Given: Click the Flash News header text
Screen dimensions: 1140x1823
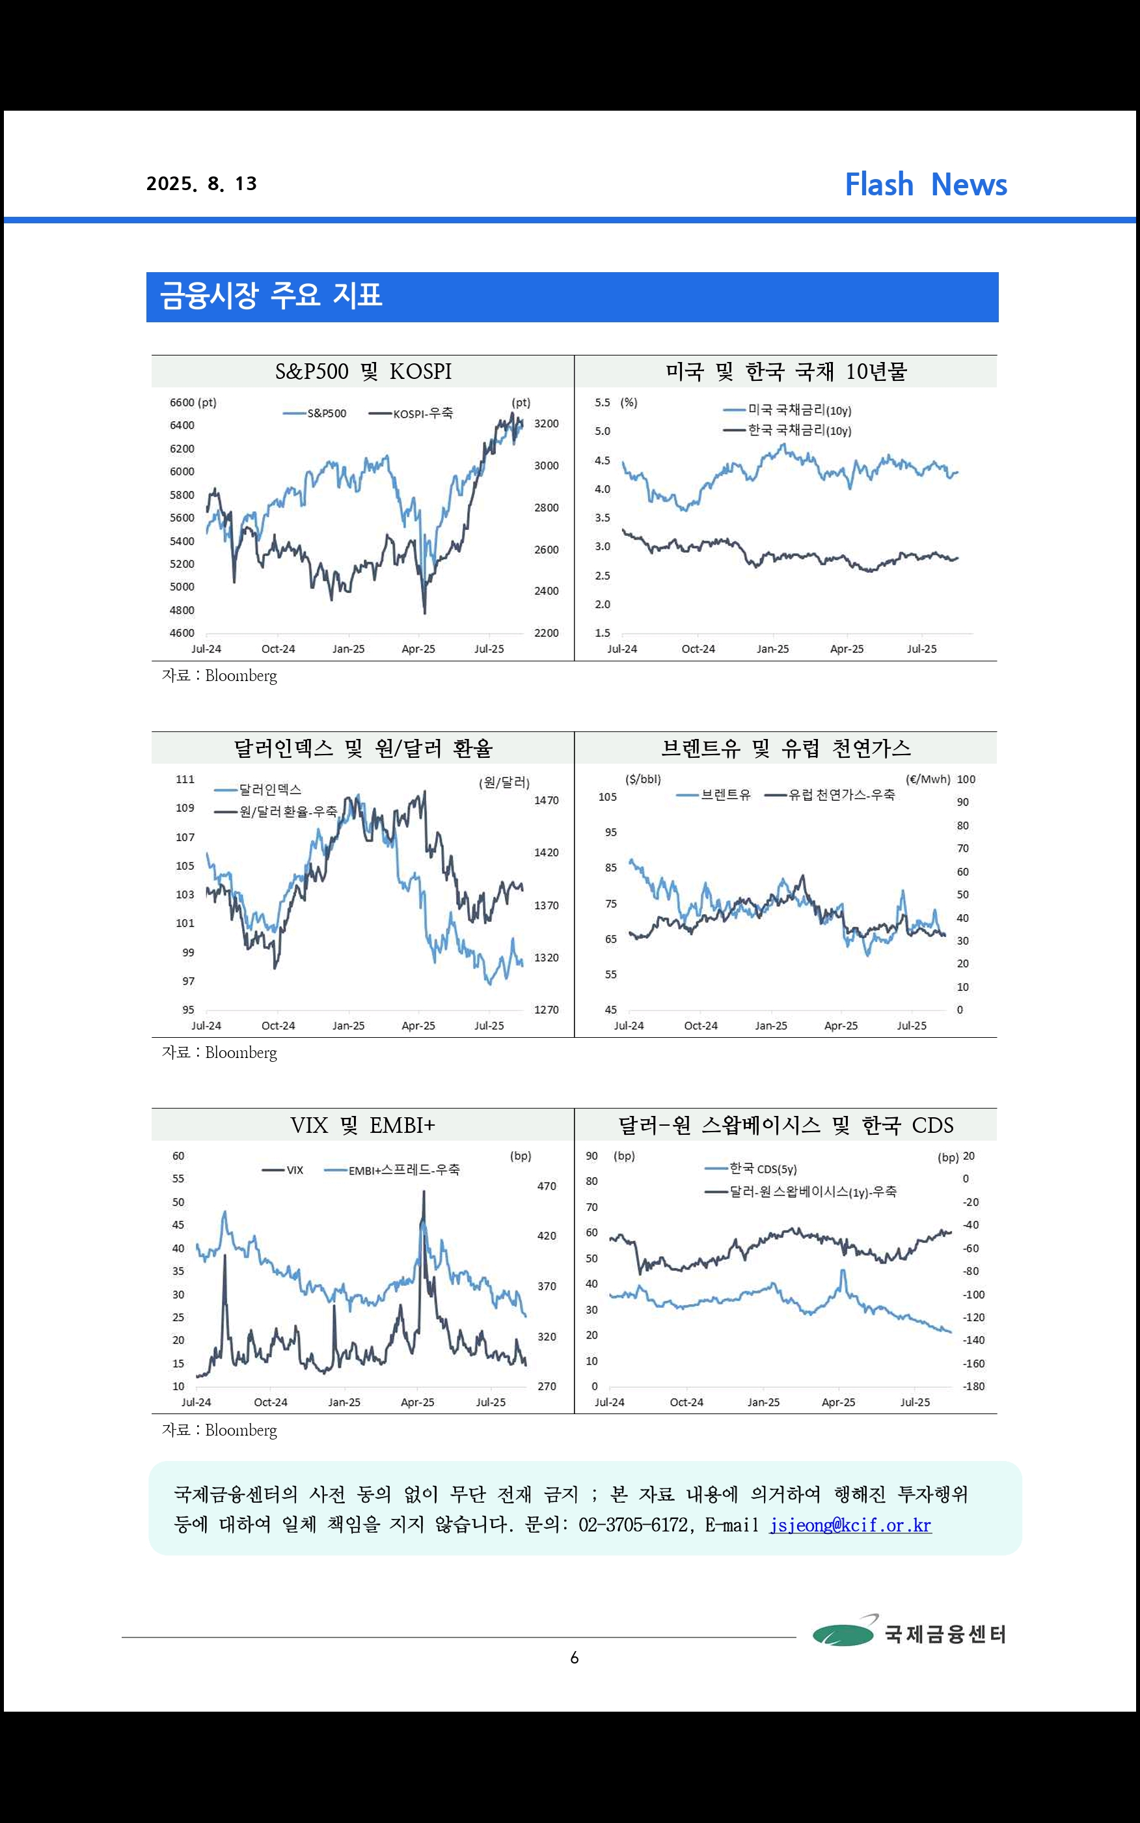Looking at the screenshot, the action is (925, 185).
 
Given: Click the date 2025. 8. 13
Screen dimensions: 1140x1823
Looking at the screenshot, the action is (201, 184).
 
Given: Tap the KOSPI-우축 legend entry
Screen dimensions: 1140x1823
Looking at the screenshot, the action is (411, 413).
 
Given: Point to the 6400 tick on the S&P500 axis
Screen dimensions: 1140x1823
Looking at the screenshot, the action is (182, 425).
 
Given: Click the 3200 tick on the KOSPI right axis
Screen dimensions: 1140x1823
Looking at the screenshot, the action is (547, 424).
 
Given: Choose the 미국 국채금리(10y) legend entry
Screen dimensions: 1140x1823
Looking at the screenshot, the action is (787, 410).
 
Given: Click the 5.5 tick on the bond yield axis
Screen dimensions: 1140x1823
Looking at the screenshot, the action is (603, 403).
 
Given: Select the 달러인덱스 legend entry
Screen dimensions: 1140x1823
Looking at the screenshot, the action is (258, 790).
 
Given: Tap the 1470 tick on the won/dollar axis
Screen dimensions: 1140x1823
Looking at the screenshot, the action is (547, 800).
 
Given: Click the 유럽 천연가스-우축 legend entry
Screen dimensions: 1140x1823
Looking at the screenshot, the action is (830, 795).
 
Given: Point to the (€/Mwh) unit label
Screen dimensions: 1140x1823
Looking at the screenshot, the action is (928, 779).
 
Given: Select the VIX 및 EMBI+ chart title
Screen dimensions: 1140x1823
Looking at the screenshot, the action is (362, 1125).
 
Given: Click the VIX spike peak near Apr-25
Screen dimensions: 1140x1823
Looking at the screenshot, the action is (424, 1191).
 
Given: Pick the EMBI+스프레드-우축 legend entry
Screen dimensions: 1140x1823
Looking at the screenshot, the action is (392, 1170).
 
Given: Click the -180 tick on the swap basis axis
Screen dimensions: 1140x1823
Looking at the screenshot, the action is (973, 1386).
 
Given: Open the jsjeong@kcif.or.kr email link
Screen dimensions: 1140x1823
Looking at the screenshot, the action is (850, 1525).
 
